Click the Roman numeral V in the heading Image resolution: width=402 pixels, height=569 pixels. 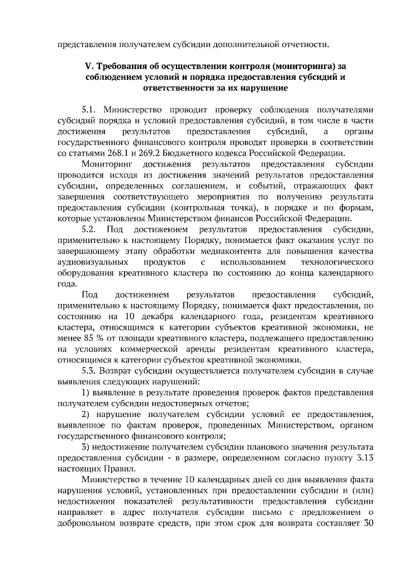[x=88, y=65]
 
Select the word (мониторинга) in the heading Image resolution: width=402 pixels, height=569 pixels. [x=293, y=65]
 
